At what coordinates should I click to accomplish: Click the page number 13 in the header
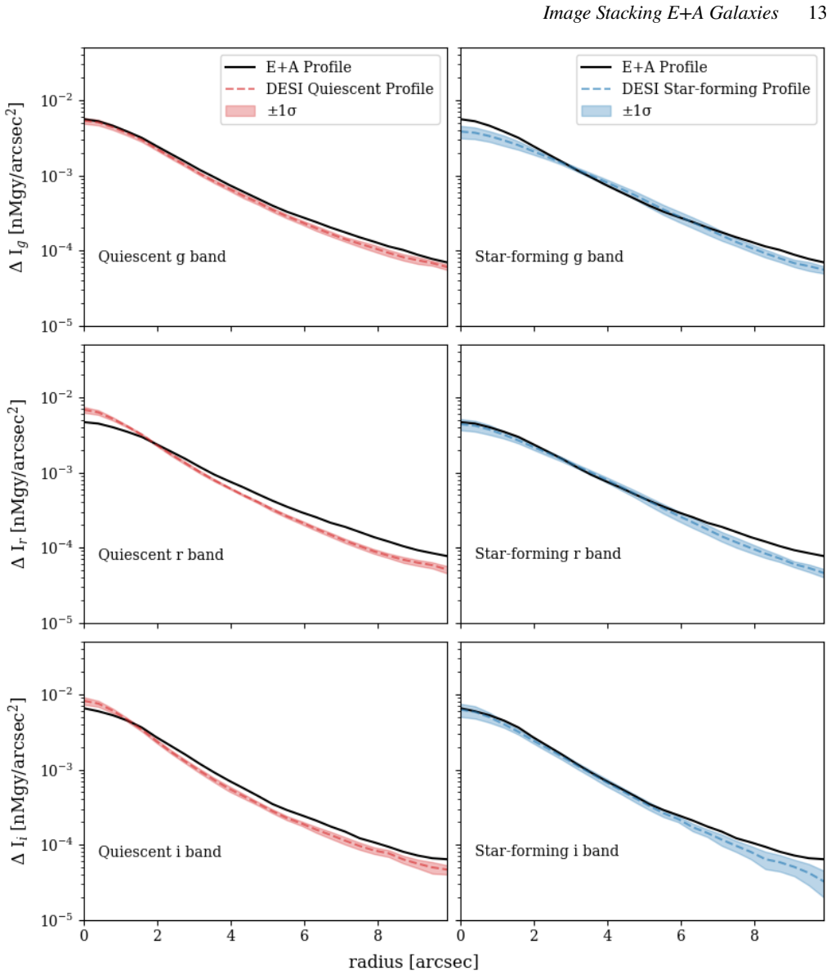817,13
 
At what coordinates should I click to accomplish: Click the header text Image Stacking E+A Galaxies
661,13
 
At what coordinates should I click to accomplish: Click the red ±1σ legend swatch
240,110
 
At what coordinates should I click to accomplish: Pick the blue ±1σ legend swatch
596,110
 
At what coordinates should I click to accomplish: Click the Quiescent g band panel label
163,257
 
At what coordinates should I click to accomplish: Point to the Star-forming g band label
549,257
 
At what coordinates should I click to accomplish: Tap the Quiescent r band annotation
161,554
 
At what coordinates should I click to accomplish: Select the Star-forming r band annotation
548,553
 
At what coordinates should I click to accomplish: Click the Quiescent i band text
159,852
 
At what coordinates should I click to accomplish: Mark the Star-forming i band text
547,851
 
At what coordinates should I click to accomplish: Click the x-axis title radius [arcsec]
414,962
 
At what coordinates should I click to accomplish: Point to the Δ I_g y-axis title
17,187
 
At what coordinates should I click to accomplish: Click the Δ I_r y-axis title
17,485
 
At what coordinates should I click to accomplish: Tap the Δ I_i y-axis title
17,781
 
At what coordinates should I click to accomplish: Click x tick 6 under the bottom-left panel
305,936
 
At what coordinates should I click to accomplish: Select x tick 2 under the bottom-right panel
534,936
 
